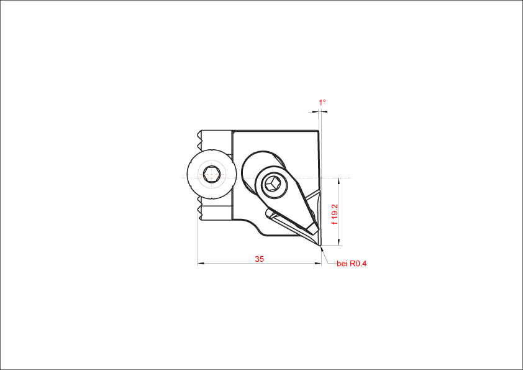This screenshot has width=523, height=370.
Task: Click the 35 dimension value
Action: point(259,259)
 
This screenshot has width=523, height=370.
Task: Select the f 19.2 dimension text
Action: point(335,214)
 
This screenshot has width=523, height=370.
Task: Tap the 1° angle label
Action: point(322,102)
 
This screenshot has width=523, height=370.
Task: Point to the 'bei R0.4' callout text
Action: point(352,264)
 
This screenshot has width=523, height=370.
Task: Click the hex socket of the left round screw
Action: point(211,174)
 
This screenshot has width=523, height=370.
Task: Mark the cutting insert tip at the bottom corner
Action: point(321,246)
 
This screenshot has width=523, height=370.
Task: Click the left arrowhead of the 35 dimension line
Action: point(201,264)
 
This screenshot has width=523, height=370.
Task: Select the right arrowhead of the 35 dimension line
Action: point(318,264)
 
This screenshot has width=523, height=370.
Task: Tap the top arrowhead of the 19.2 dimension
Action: point(339,181)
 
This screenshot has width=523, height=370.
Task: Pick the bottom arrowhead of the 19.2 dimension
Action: point(339,242)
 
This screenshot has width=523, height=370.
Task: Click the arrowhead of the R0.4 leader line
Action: point(322,249)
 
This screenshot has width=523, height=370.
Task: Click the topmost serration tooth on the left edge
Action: point(199,134)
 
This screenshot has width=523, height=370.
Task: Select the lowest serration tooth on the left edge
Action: point(200,217)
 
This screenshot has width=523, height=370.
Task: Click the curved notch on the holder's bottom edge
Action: point(255,228)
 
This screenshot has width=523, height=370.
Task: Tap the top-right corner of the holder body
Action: point(319,131)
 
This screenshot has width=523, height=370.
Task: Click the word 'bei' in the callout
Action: point(342,264)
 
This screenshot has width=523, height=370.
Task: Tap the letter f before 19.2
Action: point(335,223)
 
